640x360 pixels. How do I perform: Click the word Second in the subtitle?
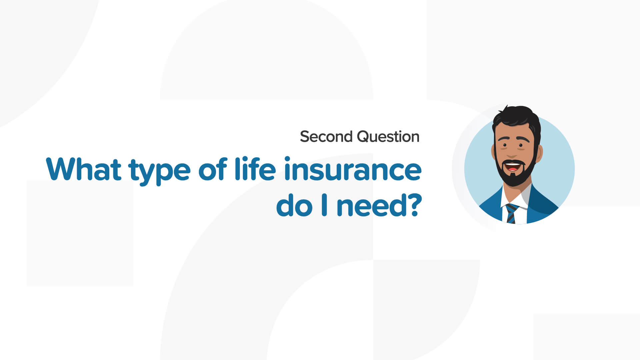click(326, 137)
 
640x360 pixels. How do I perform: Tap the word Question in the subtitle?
click(388, 137)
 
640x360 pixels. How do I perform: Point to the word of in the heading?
click(213, 169)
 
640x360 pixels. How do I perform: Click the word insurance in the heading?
click(353, 169)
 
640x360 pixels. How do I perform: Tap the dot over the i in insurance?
click(287, 159)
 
